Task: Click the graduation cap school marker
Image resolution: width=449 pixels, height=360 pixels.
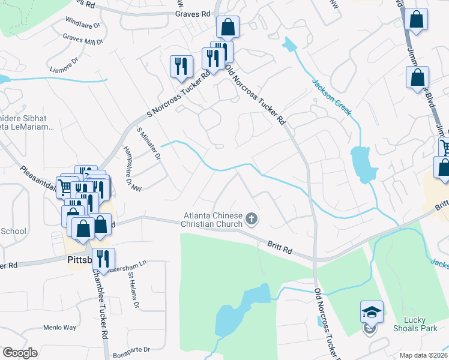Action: coord(371,312)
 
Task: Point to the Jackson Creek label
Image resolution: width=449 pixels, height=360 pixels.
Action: coord(331,95)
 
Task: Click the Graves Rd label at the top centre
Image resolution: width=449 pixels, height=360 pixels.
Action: coord(193,13)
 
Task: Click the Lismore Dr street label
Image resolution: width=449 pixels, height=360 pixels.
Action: coord(66,61)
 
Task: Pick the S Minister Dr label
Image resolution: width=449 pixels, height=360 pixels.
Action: coord(149,143)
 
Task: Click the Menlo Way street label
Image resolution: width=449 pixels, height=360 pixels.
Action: coord(59,328)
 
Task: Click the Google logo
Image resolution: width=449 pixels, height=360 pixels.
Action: coord(20,353)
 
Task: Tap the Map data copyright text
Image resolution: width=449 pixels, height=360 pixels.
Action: coord(424,355)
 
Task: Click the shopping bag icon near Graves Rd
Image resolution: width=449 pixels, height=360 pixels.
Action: coord(228,26)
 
